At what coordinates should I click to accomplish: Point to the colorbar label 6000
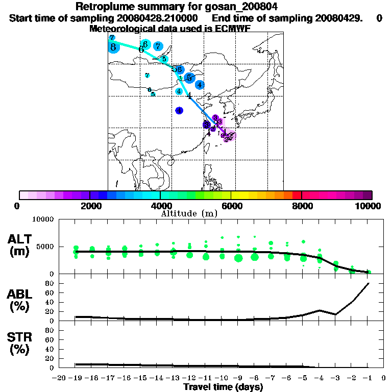(x=231, y=206)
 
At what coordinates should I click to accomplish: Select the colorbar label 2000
(x=90, y=206)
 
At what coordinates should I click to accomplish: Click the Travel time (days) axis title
(x=223, y=387)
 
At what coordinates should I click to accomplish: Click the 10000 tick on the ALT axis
(x=42, y=219)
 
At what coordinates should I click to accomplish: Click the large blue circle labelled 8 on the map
(x=113, y=48)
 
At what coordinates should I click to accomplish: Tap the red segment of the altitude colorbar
(x=297, y=194)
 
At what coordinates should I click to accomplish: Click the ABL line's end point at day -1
(x=369, y=283)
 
